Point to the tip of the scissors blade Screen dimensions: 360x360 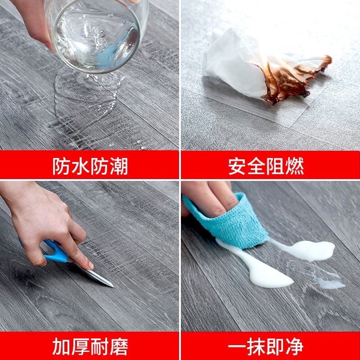point(112,286)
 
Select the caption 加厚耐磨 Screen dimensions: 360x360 point(90,347)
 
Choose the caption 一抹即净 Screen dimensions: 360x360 point(265,347)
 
